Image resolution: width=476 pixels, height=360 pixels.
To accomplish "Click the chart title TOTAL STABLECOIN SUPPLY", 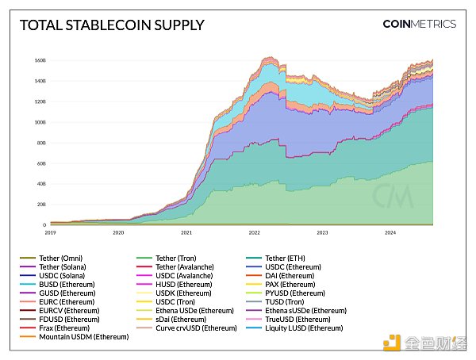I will pos(111,25).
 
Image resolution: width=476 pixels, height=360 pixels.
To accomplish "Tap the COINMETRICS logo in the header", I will pos(419,24).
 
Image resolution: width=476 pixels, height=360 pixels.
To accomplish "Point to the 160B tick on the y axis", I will pos(39,60).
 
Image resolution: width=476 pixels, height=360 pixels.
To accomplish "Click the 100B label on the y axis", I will pos(39,122).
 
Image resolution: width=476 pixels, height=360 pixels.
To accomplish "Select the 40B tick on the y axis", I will pos(40,184).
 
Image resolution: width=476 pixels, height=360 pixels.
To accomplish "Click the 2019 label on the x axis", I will pos(50,233).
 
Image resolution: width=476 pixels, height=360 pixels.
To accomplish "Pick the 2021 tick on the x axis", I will pos(186,233).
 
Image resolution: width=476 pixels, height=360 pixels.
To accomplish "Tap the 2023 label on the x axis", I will pos(323,233).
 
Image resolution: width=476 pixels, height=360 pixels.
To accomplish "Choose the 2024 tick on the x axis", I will pos(390,233).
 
